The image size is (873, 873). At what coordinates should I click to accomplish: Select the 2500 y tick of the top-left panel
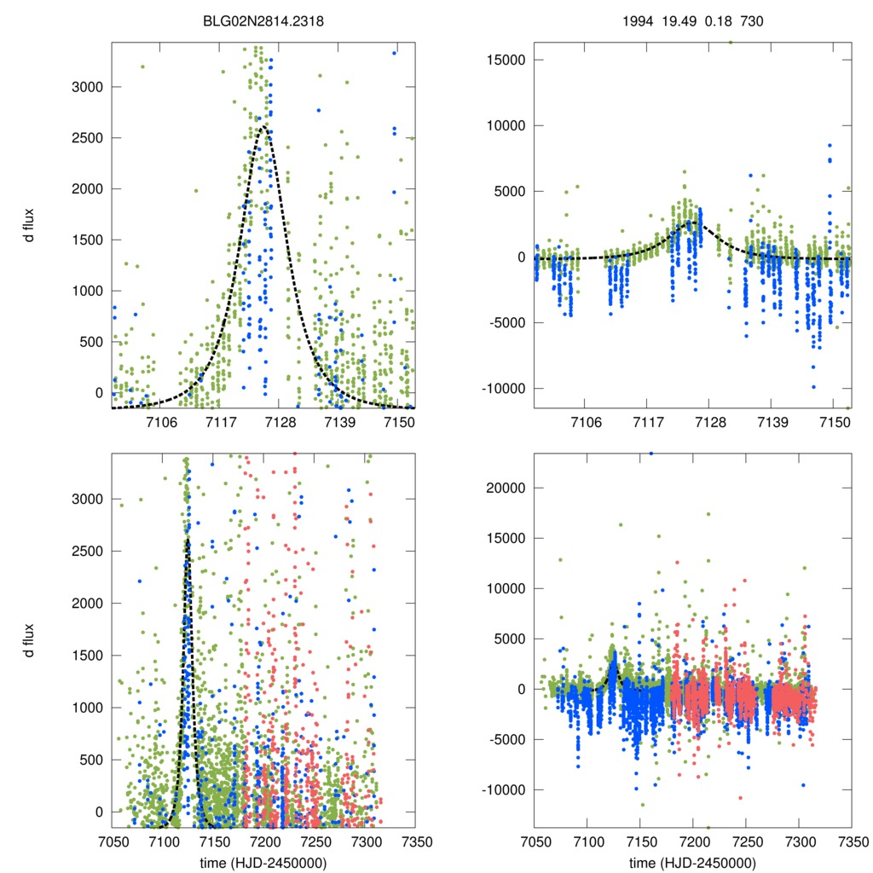pyautogui.click(x=88, y=137)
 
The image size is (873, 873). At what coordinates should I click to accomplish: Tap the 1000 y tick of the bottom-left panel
pyautogui.click(x=88, y=708)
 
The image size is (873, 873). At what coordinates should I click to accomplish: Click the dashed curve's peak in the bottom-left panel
pyautogui.click(x=188, y=539)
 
